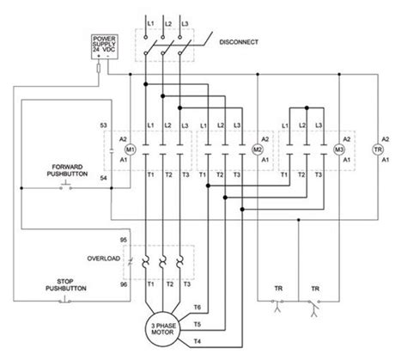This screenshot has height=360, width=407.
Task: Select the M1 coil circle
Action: click(x=119, y=149)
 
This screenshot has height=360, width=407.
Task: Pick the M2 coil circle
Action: click(x=257, y=149)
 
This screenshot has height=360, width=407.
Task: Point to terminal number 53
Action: click(x=103, y=125)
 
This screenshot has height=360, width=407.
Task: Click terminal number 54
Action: click(x=103, y=177)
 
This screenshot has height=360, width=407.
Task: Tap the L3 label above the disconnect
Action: click(x=180, y=19)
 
